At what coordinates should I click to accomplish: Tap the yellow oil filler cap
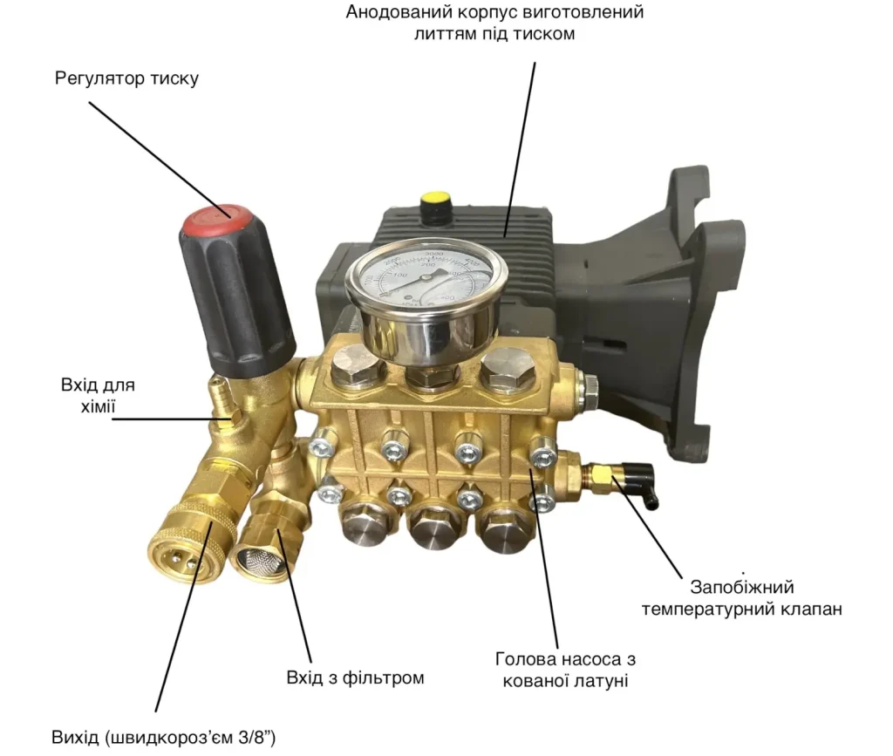point(435,201)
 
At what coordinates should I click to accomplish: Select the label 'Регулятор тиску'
point(127,78)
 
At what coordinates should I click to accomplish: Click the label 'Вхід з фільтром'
point(356,678)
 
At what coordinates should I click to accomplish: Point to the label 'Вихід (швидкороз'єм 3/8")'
point(164,737)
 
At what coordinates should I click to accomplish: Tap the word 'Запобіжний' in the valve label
point(742,587)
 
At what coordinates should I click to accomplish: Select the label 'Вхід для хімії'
point(98,396)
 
